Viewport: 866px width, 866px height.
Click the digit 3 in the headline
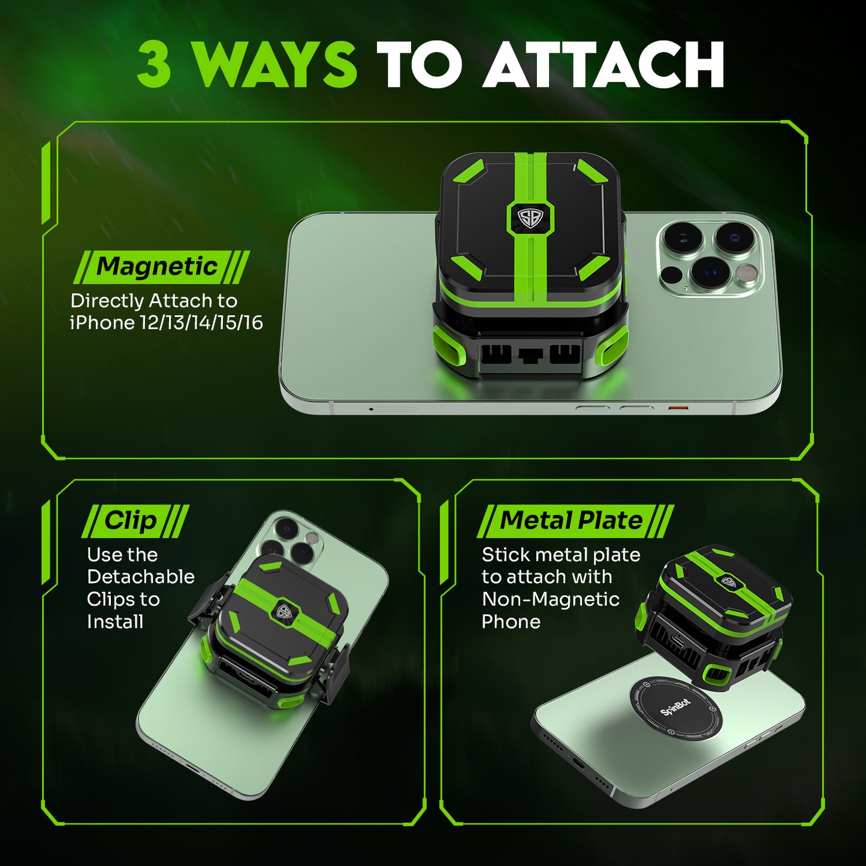155,65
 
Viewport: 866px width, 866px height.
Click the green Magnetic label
158,267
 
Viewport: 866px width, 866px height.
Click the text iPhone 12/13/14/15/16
167,323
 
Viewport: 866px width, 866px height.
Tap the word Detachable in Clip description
141,577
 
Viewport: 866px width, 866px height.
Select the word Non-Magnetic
550,599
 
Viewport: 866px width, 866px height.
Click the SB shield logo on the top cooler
530,217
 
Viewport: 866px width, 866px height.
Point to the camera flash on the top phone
747,274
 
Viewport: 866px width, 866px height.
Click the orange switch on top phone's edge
678,408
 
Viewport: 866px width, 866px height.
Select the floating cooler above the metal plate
713,617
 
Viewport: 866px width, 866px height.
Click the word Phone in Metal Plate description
511,622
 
